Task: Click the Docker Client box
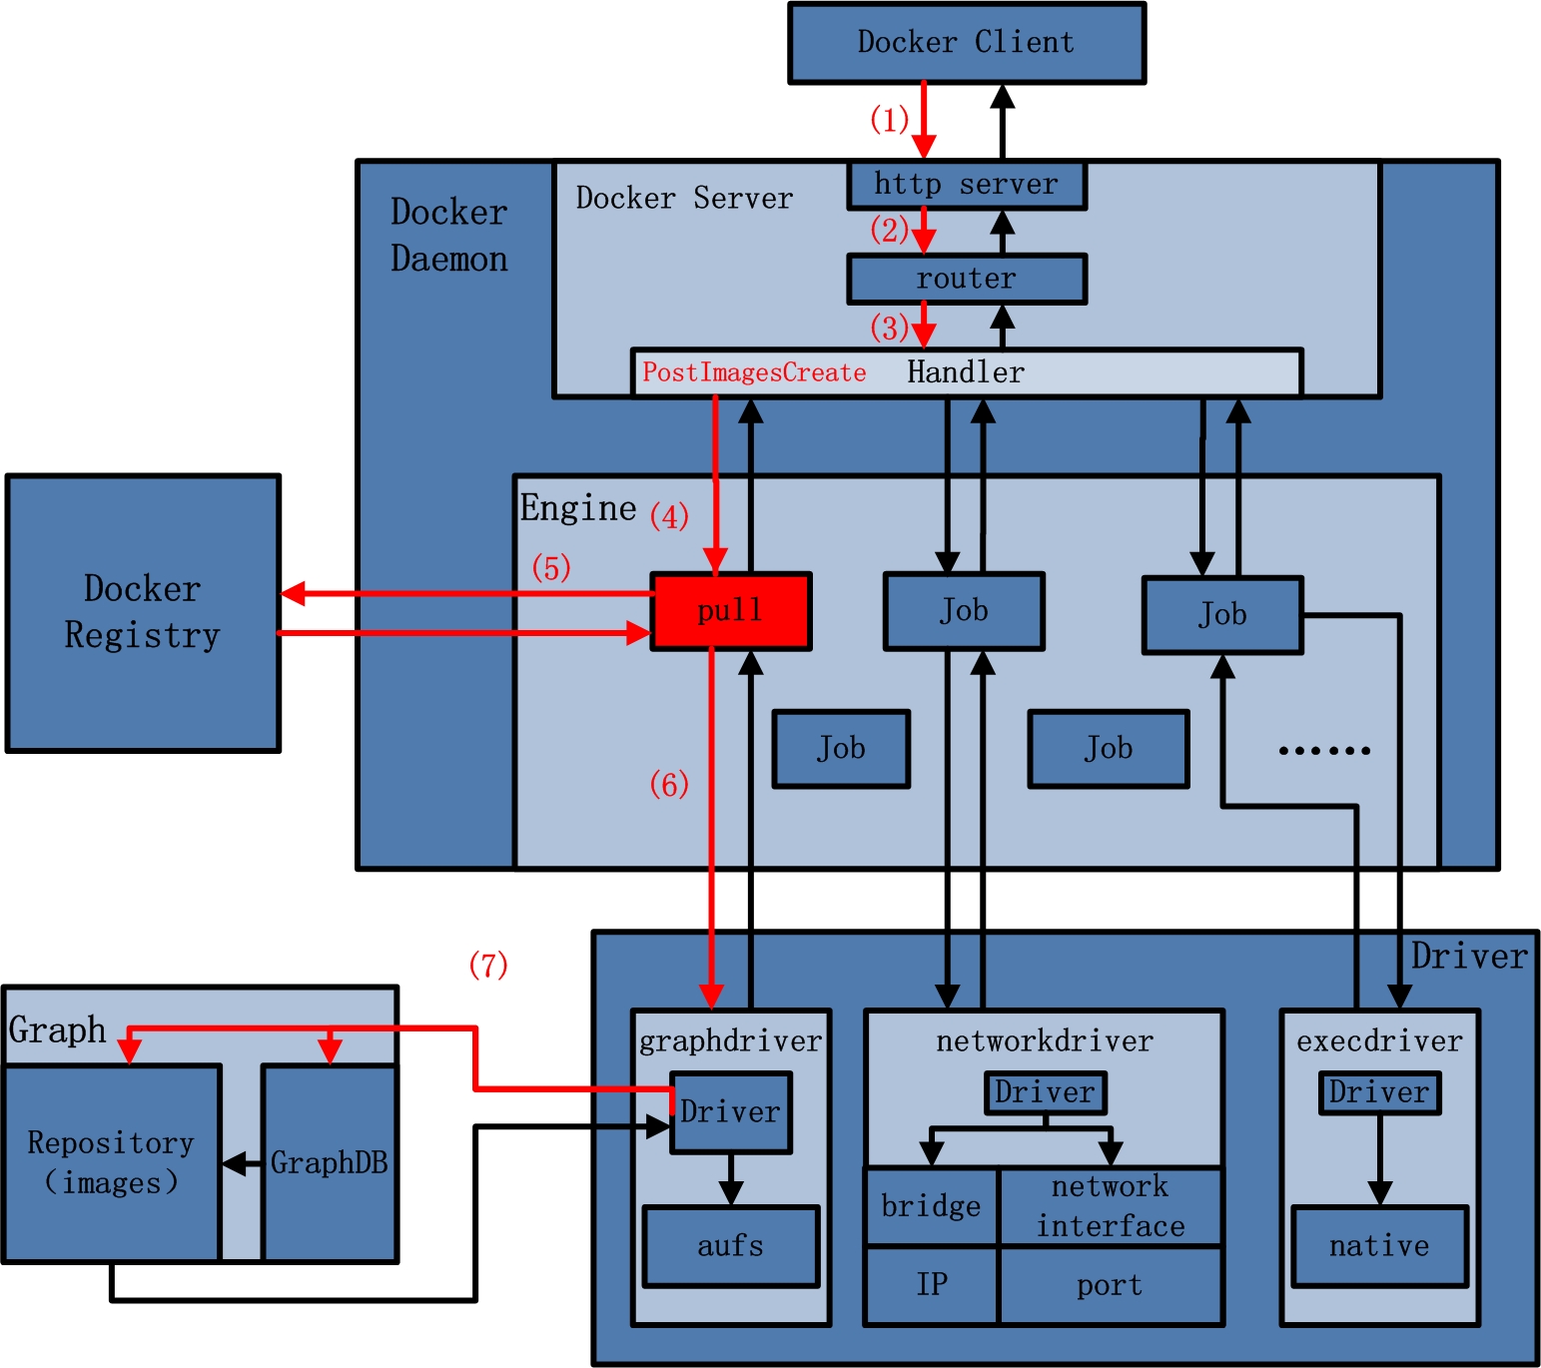coord(966,43)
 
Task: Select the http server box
coord(966,185)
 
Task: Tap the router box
coord(966,279)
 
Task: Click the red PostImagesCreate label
coord(754,372)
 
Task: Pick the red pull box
coord(730,610)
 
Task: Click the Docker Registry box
coord(143,612)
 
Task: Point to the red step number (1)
coord(889,120)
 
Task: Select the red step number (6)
coord(669,784)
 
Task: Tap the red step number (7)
coord(488,965)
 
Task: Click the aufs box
coord(730,1246)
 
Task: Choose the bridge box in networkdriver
coord(931,1206)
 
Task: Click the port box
coord(1110,1286)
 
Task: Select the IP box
coord(931,1286)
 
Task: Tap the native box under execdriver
coord(1379,1246)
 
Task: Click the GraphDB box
coord(330,1162)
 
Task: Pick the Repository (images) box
coord(111,1162)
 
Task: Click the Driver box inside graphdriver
coord(730,1112)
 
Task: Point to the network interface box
coord(1110,1206)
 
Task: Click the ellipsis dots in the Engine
coord(1324,750)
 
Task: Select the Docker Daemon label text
coord(448,236)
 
